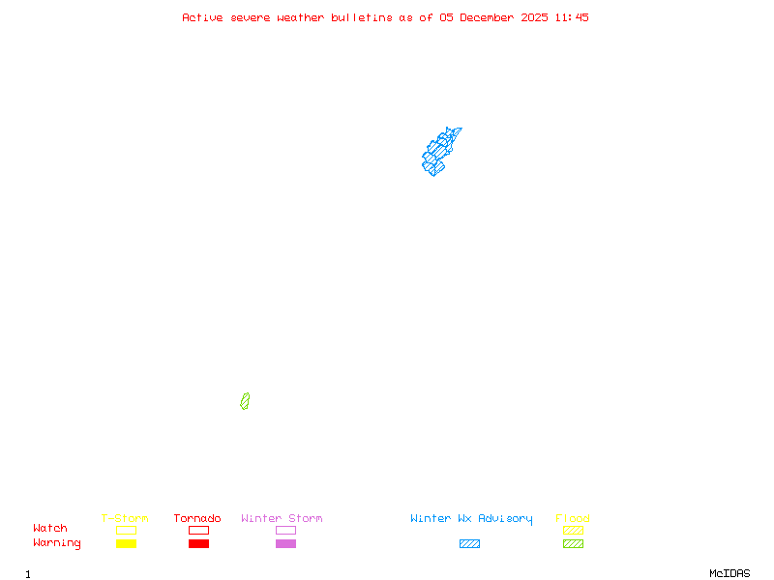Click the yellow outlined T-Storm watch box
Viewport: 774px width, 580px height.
[x=126, y=530]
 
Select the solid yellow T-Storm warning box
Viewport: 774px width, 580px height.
[x=126, y=543]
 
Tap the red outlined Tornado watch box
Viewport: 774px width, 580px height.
[x=198, y=530]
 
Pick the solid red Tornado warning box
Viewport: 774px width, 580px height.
[x=198, y=543]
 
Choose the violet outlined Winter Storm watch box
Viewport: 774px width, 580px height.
[x=285, y=530]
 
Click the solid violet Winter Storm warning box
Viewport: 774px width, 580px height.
[x=285, y=543]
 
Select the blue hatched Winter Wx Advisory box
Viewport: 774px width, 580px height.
[x=469, y=543]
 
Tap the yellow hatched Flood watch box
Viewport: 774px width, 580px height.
[x=573, y=530]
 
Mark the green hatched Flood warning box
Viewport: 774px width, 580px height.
[x=573, y=543]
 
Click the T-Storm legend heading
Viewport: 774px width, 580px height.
[x=125, y=518]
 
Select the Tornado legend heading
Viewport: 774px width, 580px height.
[x=197, y=518]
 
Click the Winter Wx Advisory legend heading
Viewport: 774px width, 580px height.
[x=471, y=518]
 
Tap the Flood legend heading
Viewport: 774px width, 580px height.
[x=573, y=518]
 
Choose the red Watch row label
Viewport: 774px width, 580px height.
[x=50, y=529]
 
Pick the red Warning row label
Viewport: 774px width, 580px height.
[x=57, y=543]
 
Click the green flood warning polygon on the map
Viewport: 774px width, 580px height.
[x=245, y=401]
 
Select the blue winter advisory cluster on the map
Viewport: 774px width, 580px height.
[x=439, y=153]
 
